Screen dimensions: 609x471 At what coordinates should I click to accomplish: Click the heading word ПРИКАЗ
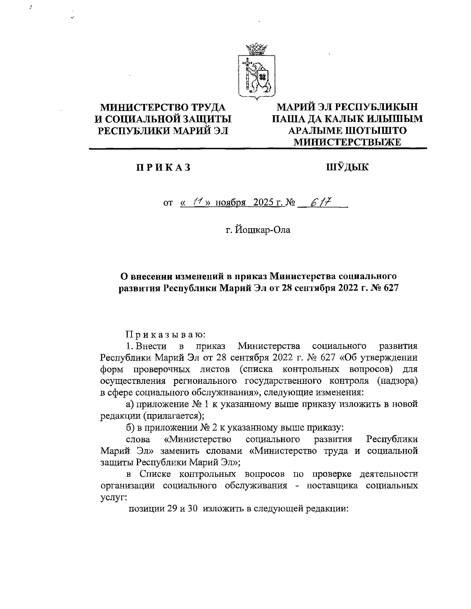pos(163,168)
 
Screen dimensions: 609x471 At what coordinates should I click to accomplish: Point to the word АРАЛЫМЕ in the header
pos(318,130)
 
